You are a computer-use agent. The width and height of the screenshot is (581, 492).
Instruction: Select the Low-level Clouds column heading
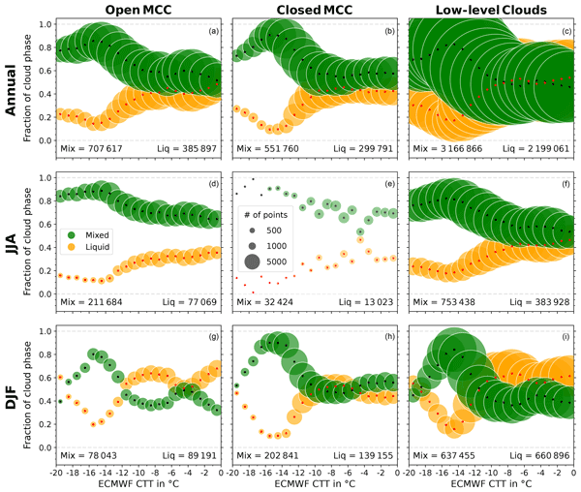[492, 10]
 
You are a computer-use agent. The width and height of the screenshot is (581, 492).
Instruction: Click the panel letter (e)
[391, 184]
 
